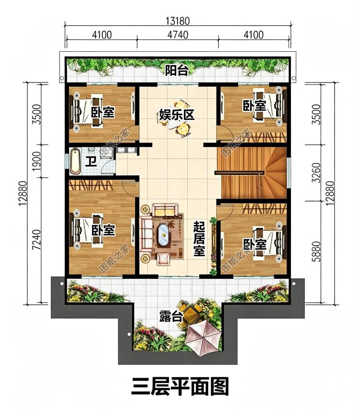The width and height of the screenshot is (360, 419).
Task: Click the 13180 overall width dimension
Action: coord(178,21)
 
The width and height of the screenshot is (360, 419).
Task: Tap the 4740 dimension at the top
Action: coord(178,35)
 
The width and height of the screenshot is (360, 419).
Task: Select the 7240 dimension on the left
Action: coord(36,239)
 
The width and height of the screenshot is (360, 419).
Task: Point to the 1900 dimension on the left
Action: coord(36,161)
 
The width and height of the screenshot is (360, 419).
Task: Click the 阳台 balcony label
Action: coord(176,70)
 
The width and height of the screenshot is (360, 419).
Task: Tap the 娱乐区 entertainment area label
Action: coord(176,115)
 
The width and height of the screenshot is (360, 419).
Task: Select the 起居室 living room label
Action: coord(199,239)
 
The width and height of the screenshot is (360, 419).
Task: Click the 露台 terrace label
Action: coord(171,316)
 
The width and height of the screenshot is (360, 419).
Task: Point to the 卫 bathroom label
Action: coord(91,161)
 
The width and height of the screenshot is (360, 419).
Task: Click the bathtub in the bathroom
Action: coord(75,161)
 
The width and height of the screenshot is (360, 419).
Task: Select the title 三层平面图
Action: coord(180,386)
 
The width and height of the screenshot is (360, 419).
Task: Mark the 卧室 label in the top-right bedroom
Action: coord(254,105)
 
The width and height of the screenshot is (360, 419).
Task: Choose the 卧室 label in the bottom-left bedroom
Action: coord(103,230)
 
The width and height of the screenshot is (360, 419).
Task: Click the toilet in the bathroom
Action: coord(91,150)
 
